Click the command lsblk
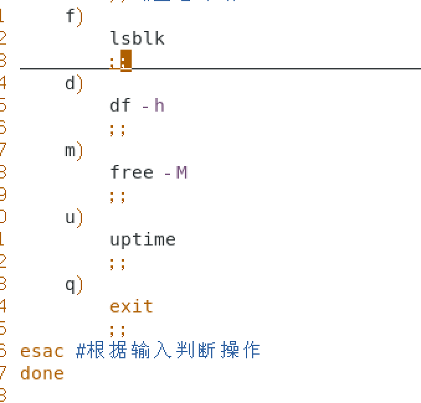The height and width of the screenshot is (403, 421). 137,38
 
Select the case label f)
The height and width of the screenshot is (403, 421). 74,16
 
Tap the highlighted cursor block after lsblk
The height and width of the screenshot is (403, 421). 126,61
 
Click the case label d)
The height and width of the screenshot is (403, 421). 74,83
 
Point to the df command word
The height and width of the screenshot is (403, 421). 120,105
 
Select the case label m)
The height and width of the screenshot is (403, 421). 74,150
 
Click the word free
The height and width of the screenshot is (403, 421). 132,172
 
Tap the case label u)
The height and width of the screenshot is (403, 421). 74,217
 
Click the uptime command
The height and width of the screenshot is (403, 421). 143,239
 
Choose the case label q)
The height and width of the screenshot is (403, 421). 74,284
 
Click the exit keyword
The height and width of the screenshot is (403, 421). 131,306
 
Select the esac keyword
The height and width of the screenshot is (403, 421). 42,351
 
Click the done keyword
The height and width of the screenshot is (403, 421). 42,373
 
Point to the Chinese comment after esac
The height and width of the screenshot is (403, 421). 168,351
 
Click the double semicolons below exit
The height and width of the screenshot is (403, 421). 117,329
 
